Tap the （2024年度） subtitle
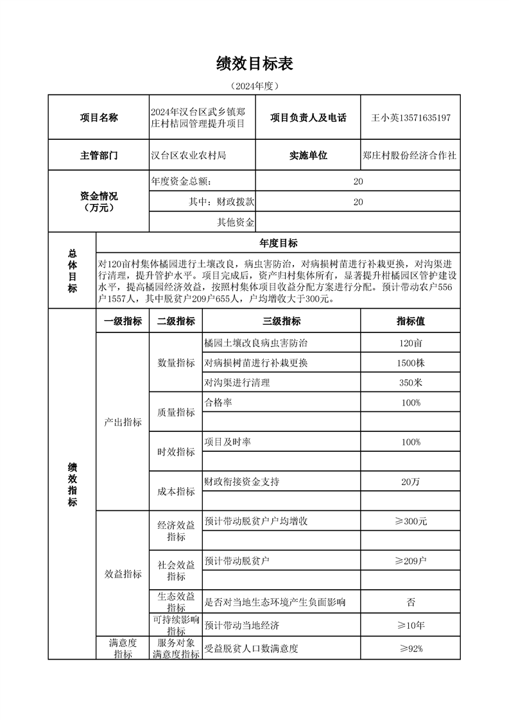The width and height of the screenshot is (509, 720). pyautogui.click(x=254, y=85)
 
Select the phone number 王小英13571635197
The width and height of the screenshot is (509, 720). pyautogui.click(x=411, y=117)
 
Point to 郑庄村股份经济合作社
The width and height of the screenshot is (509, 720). pyautogui.click(x=410, y=155)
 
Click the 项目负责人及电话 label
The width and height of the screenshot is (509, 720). pyautogui.click(x=308, y=117)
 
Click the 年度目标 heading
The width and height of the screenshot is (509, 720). pyautogui.click(x=278, y=243)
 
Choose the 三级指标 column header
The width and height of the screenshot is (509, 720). pyautogui.click(x=281, y=321)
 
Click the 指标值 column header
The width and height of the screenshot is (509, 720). pyautogui.click(x=410, y=321)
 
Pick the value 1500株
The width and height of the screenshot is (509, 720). pyautogui.click(x=410, y=363)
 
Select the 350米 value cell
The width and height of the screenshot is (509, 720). pyautogui.click(x=410, y=382)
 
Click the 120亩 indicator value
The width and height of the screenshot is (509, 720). pyautogui.click(x=410, y=343)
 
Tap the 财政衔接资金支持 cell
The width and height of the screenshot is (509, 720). pyautogui.click(x=241, y=481)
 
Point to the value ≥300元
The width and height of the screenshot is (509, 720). pyautogui.click(x=410, y=521)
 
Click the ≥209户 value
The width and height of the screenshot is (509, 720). pyautogui.click(x=410, y=561)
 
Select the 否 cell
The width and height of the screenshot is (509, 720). pyautogui.click(x=410, y=602)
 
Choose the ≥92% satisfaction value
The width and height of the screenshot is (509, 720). pyautogui.click(x=410, y=648)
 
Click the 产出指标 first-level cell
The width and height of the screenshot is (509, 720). pyautogui.click(x=123, y=422)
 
